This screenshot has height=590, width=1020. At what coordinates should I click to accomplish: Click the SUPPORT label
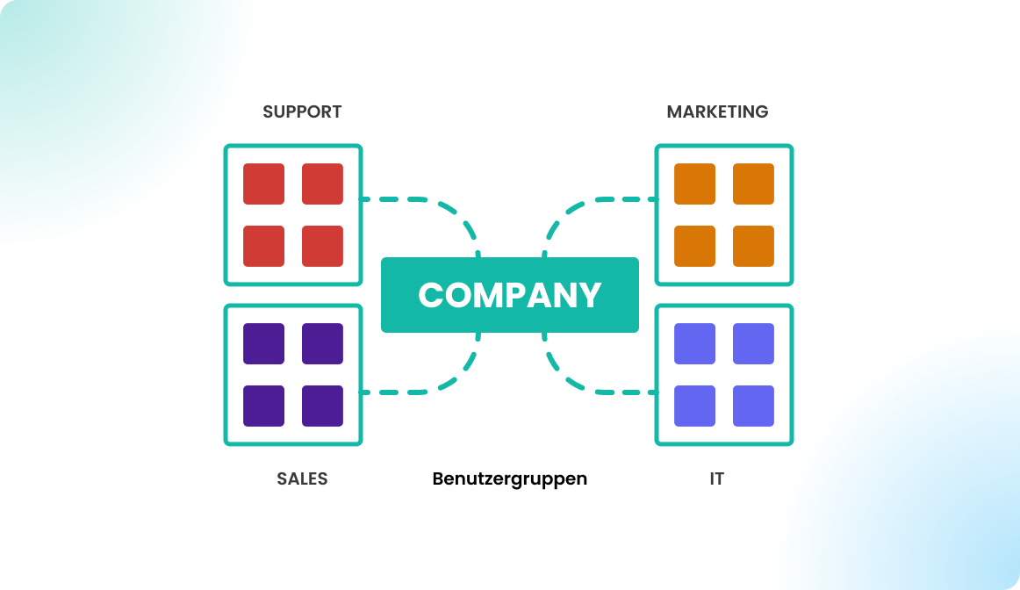[x=302, y=112]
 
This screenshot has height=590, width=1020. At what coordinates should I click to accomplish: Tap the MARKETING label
[x=717, y=112]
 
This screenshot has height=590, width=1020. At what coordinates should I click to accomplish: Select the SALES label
[x=302, y=479]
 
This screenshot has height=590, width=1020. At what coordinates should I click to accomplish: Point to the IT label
[x=717, y=479]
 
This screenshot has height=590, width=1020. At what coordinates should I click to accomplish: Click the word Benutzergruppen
[x=509, y=479]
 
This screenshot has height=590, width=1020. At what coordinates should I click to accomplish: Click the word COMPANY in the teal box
[x=509, y=295]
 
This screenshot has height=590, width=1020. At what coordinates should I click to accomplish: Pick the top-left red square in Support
[x=263, y=183]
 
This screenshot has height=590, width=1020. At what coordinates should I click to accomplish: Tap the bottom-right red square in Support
[x=322, y=246]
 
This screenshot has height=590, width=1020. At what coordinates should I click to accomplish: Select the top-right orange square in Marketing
[x=753, y=183]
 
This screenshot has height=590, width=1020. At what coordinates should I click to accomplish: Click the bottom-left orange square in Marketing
[x=694, y=246]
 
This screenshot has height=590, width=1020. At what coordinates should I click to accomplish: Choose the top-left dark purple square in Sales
[x=263, y=343]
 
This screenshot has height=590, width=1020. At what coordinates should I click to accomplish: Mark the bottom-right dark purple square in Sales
[x=322, y=406]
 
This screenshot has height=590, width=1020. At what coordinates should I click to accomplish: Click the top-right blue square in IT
[x=753, y=343]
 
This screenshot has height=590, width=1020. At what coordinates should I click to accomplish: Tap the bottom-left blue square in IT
[x=694, y=406]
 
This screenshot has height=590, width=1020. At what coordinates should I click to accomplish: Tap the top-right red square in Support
[x=322, y=183]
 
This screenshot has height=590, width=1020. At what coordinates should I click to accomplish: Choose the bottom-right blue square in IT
[x=753, y=406]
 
